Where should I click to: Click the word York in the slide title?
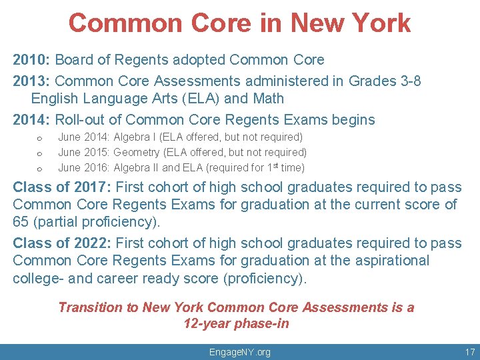(x=379, y=23)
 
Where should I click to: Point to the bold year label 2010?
(x=31, y=60)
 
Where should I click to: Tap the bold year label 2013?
(x=31, y=81)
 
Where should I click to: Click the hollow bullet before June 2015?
(x=39, y=153)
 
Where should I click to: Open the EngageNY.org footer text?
(x=240, y=352)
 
